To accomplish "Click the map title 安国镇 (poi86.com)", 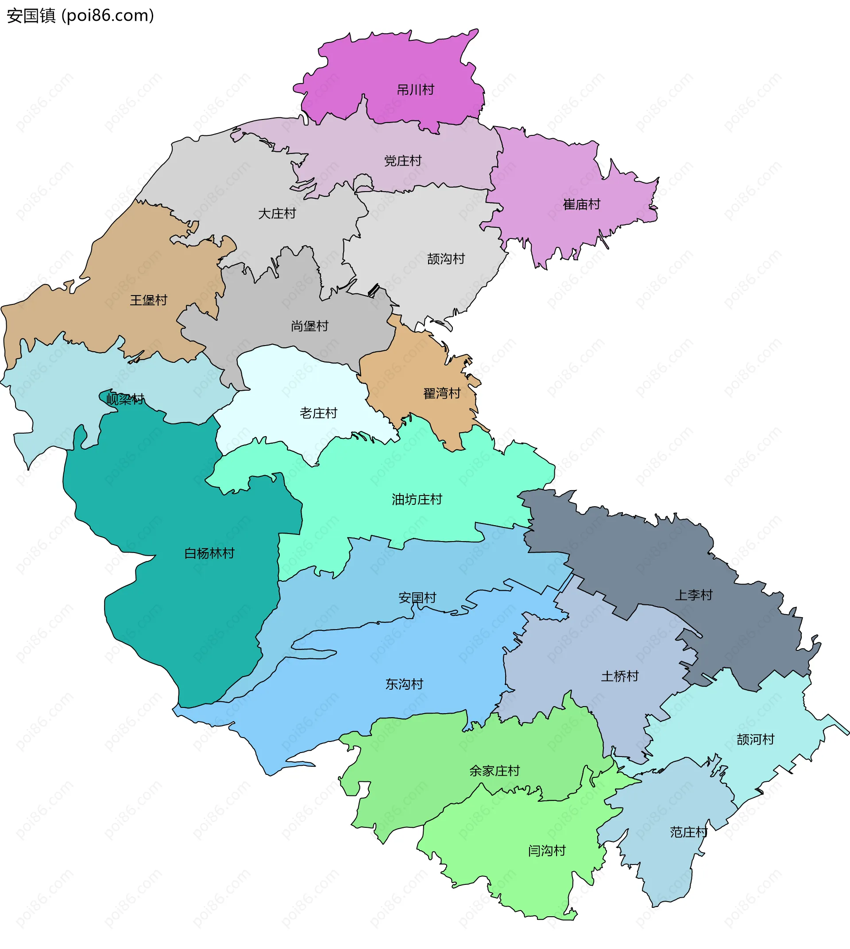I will coord(80,16).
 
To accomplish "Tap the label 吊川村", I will coord(415,90).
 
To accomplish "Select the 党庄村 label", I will coord(402,161).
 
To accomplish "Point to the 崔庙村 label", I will coord(581,204).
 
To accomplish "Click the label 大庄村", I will coord(277,214).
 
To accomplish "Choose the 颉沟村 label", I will coord(446,259).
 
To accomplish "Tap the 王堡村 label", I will coord(148,300).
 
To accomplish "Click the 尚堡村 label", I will coord(309,326).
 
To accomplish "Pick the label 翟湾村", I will coord(442,393).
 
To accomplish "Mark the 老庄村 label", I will coord(318,413).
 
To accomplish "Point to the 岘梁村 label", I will coord(125,399).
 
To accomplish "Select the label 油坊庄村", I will coord(417,499).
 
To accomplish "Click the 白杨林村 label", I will coord(209,553).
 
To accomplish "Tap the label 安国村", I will coord(417,598).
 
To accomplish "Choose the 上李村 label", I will coord(694,595).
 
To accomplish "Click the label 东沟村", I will coord(404,684).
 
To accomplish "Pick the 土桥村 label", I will coord(619,676).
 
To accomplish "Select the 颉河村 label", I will coord(755,739).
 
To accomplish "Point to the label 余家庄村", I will coord(494,771).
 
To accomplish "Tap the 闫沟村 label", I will coord(546,851).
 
